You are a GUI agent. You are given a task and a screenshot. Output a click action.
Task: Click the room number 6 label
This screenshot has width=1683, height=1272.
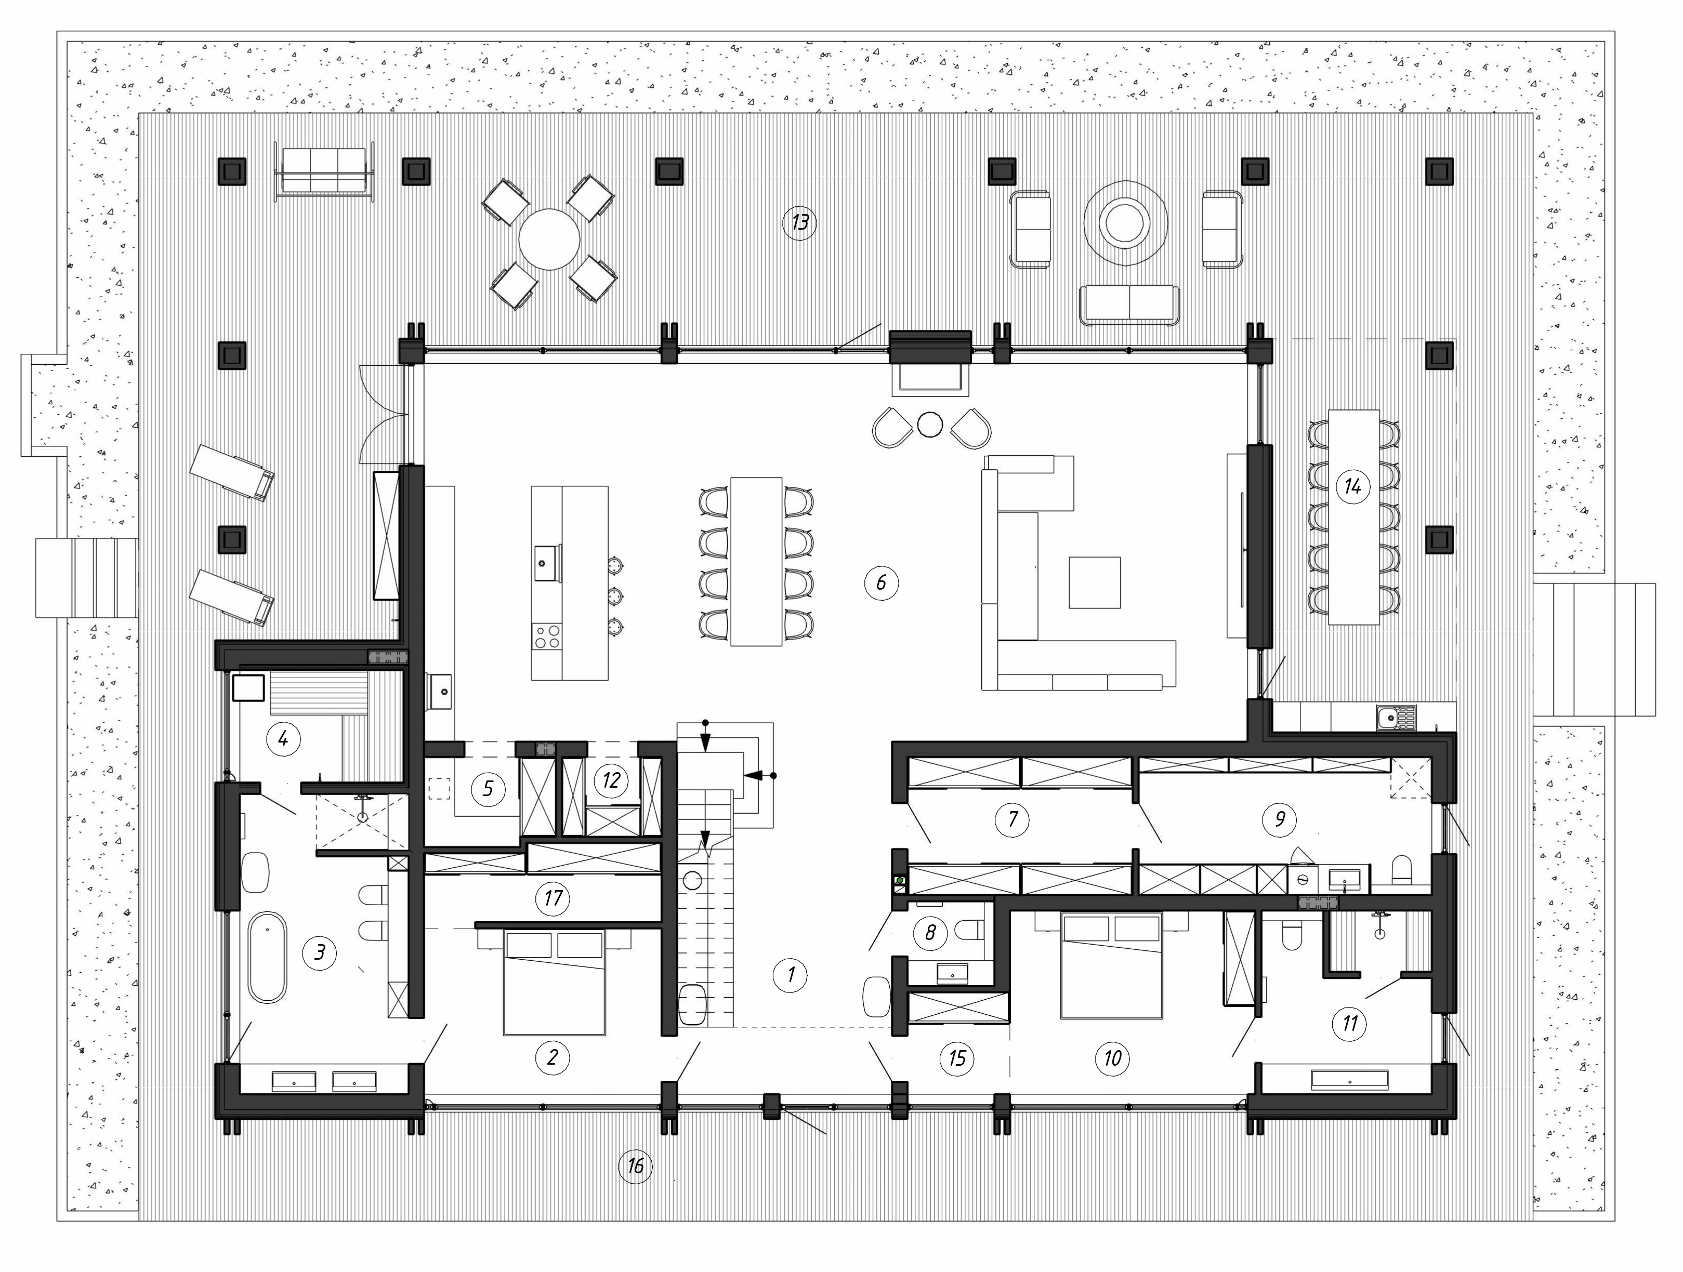click(881, 583)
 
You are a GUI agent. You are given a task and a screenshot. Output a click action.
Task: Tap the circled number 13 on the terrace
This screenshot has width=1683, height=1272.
click(799, 223)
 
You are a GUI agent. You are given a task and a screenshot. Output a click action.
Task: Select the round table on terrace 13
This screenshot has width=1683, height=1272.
click(549, 239)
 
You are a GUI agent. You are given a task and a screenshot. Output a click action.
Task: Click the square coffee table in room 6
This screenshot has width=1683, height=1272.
click(1094, 583)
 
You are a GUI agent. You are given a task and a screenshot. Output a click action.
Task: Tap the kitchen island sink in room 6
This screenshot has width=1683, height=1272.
click(545, 563)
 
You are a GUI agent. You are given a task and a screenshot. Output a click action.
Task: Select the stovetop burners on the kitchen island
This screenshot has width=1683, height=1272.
click(546, 636)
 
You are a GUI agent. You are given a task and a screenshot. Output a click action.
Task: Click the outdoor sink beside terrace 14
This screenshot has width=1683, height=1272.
click(1396, 717)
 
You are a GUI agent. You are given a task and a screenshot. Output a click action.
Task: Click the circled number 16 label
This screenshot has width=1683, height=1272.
click(635, 1165)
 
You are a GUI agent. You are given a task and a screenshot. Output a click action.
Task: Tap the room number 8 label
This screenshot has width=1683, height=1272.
click(930, 932)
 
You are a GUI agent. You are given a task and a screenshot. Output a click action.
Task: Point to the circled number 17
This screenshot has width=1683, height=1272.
click(553, 898)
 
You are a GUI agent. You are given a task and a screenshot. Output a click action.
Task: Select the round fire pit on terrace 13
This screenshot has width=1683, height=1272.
click(1125, 223)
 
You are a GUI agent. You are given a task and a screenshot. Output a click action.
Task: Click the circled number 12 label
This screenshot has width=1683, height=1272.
click(610, 780)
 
